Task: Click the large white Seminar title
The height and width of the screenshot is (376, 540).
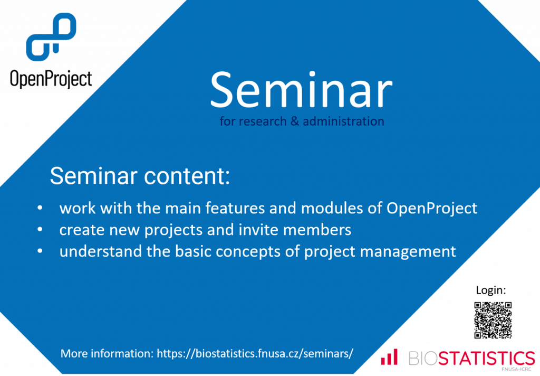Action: pyautogui.click(x=301, y=90)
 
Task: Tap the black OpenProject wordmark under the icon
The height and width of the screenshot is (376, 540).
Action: pyautogui.click(x=51, y=79)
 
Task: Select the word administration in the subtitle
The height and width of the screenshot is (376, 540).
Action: pyautogui.click(x=343, y=121)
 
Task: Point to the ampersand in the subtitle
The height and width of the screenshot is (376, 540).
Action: pyautogui.click(x=294, y=121)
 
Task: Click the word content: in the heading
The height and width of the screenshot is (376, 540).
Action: pyautogui.click(x=187, y=176)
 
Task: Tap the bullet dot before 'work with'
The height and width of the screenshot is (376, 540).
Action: pyautogui.click(x=40, y=208)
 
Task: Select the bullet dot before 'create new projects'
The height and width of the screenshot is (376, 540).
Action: pyautogui.click(x=40, y=229)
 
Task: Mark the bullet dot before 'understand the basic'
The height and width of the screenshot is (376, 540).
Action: pyautogui.click(x=40, y=251)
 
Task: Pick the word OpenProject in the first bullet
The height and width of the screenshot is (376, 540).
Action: pyautogui.click(x=432, y=209)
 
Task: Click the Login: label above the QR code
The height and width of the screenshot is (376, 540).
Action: pyautogui.click(x=491, y=290)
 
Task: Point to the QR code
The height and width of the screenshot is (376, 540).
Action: pyautogui.click(x=493, y=320)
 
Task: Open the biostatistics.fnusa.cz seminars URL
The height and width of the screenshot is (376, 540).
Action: pyautogui.click(x=255, y=353)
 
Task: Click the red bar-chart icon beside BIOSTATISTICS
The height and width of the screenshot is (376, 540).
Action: pyautogui.click(x=389, y=356)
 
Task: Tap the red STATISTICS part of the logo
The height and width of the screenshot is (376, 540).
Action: pyautogui.click(x=486, y=358)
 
